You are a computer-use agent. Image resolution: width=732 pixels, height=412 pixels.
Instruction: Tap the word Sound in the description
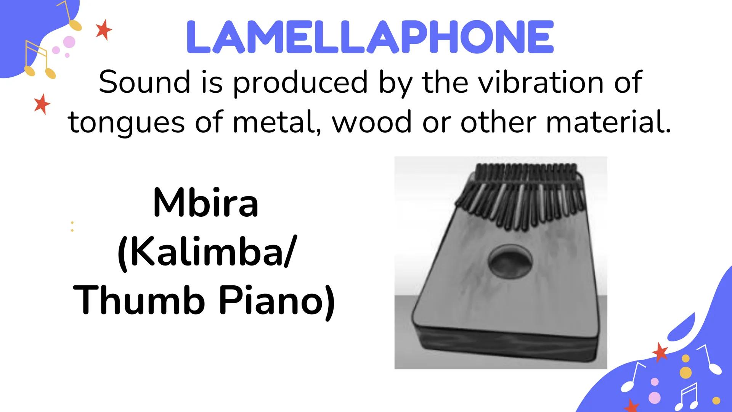point(144,82)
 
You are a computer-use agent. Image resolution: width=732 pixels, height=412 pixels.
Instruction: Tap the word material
point(608,122)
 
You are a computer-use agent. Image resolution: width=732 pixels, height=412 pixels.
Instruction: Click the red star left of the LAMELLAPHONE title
point(104,31)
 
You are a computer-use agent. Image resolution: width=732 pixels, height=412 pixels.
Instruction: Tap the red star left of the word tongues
point(42,104)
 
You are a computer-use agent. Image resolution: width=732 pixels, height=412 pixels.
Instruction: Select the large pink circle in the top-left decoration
point(69,42)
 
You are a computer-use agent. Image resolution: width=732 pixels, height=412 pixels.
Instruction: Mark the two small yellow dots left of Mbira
point(72,226)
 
